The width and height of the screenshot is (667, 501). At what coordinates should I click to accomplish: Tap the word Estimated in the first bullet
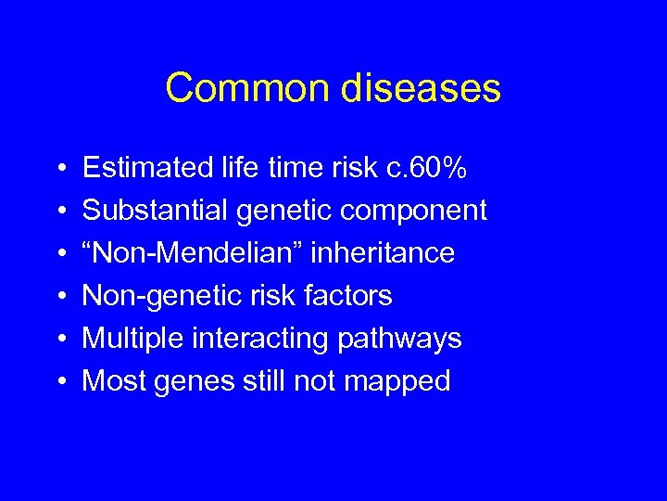(147, 168)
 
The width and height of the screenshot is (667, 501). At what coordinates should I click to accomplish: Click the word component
(413, 212)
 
